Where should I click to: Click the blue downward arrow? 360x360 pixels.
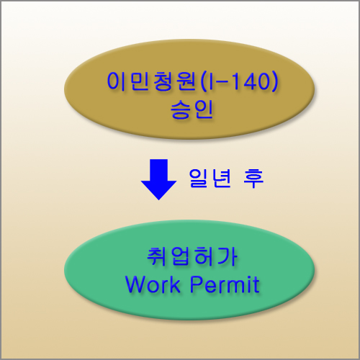(158, 179)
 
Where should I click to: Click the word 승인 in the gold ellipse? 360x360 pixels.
(192, 109)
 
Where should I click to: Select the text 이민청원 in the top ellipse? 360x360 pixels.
(151, 81)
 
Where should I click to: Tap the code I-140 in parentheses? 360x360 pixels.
(238, 81)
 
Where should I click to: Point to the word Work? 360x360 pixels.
(153, 284)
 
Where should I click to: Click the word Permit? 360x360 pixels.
(225, 284)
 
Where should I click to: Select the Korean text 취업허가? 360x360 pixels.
(192, 257)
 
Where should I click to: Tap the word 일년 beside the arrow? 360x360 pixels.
(210, 178)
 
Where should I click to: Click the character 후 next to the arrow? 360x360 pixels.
(253, 178)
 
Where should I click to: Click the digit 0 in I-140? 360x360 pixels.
(260, 81)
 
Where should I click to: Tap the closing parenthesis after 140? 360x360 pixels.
(274, 81)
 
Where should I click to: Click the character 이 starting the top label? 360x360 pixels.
(117, 81)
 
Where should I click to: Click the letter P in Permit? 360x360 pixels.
(197, 284)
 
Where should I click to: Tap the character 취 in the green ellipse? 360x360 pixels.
(157, 257)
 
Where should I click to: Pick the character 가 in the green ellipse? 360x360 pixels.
(228, 257)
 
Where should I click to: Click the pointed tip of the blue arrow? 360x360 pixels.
(158, 199)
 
